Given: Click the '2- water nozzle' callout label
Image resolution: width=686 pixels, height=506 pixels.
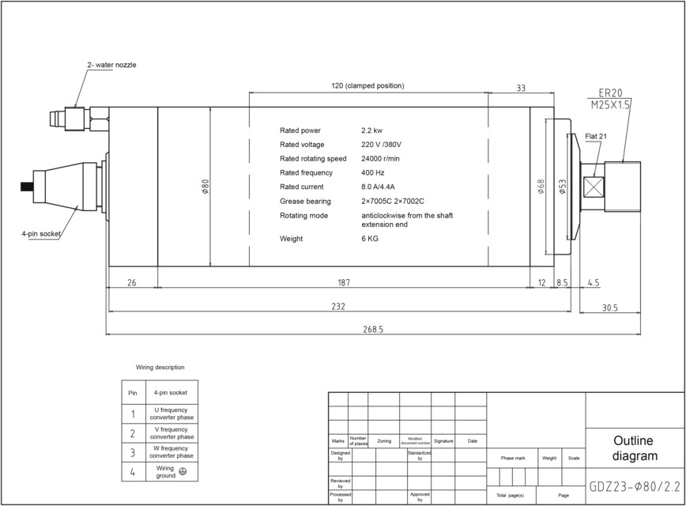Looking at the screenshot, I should [111, 65].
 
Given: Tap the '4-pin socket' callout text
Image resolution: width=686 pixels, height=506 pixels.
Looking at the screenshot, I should [41, 233].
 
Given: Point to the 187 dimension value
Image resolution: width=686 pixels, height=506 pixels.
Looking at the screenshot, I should [343, 282].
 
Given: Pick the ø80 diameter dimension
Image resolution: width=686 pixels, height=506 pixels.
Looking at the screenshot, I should [205, 187].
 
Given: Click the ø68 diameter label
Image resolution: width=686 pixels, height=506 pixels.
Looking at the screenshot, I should [541, 187].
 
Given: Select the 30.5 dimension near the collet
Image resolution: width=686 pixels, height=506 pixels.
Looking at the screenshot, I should [610, 308].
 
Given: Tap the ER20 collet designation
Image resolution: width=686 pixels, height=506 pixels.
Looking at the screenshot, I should [611, 93].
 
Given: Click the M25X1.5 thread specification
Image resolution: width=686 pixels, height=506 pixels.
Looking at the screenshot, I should [611, 105].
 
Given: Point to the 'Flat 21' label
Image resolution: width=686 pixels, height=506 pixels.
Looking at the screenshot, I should [596, 137].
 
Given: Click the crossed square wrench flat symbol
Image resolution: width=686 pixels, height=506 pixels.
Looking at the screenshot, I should [594, 187].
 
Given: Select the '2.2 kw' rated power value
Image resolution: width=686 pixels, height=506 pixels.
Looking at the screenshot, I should [372, 130].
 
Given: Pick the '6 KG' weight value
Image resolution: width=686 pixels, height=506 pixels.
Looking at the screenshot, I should [370, 239].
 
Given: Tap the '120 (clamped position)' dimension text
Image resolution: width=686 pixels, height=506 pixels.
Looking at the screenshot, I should [367, 85].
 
